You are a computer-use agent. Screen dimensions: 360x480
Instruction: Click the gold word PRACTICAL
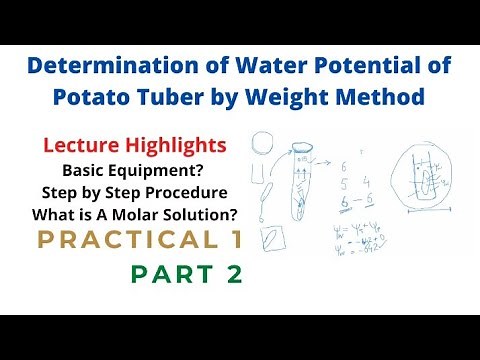tap(110, 240)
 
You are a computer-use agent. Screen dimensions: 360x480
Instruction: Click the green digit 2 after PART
tap(233, 274)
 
